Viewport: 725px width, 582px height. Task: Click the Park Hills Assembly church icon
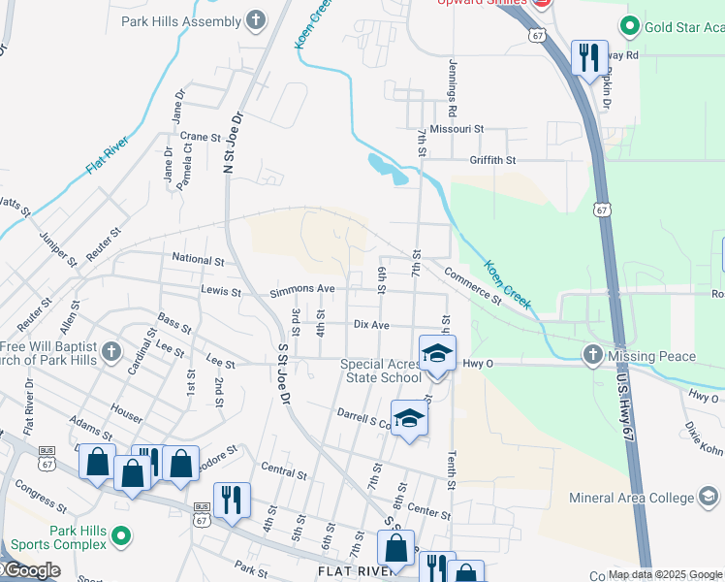pyautogui.click(x=256, y=20)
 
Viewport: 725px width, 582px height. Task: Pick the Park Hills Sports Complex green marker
pyautogui.click(x=121, y=535)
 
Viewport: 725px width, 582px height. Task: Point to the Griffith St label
pyautogui.click(x=493, y=159)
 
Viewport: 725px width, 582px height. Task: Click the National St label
pyautogui.click(x=198, y=260)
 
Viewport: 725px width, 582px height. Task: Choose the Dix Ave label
pyautogui.click(x=371, y=325)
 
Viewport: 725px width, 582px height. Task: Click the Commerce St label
pyautogui.click(x=473, y=286)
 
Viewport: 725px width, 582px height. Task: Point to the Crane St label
pyautogui.click(x=201, y=137)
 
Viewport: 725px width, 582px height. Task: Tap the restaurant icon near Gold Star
pyautogui.click(x=588, y=58)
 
